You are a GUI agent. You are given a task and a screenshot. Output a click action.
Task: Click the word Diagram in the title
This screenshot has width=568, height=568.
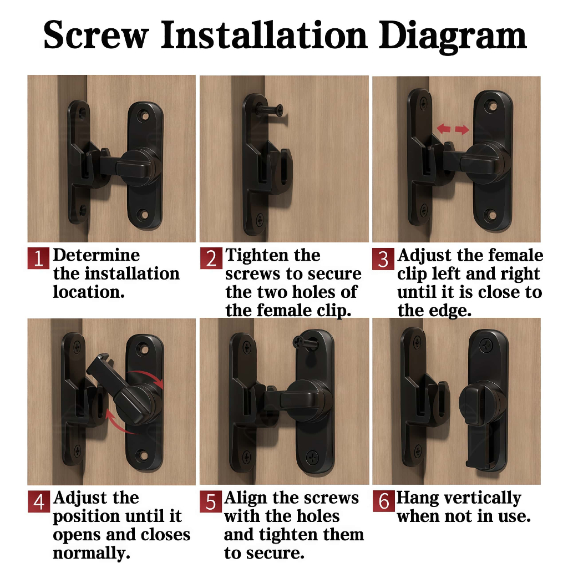[x=453, y=36]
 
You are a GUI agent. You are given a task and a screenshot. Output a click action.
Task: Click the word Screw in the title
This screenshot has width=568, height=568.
[x=96, y=35]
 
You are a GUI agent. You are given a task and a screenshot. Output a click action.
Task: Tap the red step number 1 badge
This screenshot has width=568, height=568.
[x=38, y=258]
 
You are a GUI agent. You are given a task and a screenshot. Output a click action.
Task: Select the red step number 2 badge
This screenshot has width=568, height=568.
[x=211, y=258]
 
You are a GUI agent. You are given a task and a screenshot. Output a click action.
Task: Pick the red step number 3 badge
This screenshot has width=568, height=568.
[x=383, y=258]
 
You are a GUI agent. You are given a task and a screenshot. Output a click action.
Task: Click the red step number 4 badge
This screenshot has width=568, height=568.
[x=39, y=501]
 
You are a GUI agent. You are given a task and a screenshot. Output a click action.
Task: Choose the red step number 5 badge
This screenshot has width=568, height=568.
[x=211, y=501]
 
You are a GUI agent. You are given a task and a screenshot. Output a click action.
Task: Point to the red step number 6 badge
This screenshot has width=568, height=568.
[x=384, y=501]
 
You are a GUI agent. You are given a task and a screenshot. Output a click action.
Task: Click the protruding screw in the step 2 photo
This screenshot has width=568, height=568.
[x=270, y=109]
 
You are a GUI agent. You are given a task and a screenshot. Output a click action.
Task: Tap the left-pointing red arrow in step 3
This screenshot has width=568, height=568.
[x=444, y=128]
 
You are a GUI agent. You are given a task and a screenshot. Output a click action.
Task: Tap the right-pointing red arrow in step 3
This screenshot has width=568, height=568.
[x=462, y=130]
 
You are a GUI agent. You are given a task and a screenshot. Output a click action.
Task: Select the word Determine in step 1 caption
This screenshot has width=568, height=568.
[x=97, y=255]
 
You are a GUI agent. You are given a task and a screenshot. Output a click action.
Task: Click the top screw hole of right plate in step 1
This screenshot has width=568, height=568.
[x=145, y=116]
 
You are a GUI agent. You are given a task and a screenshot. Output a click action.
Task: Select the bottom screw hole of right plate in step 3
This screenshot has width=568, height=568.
[x=493, y=215]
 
